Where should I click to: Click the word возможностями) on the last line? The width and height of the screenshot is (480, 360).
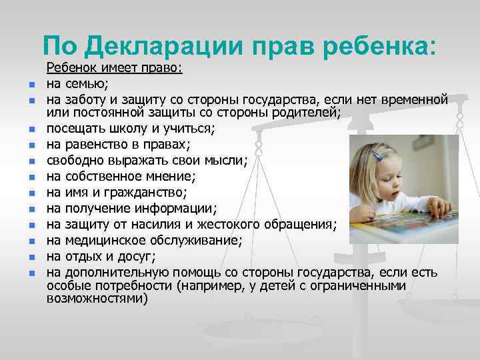(x=97, y=299)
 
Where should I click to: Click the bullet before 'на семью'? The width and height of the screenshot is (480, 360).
(x=31, y=85)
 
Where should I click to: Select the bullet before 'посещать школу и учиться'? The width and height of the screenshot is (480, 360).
(x=31, y=129)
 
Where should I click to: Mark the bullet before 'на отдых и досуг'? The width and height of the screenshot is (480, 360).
(x=31, y=257)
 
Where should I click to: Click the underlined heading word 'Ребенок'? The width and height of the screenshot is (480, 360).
(x=73, y=69)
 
